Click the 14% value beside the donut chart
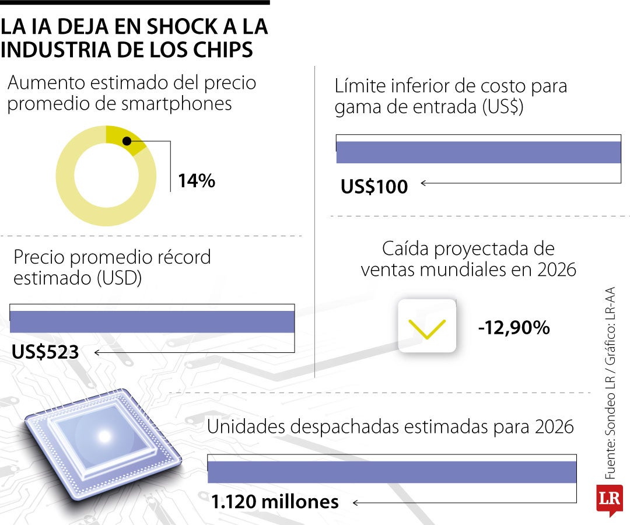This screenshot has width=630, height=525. tap(197, 181)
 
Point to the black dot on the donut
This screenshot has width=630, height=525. tap(127, 141)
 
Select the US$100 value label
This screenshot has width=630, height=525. tap(374, 186)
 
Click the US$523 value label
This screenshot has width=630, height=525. tap(45, 352)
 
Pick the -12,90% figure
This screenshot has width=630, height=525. tap(514, 328)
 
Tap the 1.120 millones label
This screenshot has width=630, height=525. tap(275, 502)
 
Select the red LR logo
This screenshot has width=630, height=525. tap(609, 499)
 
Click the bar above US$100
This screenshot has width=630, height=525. tap(478, 152)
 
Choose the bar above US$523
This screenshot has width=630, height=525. tap(152, 322)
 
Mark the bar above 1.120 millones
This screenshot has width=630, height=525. tap(392, 472)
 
